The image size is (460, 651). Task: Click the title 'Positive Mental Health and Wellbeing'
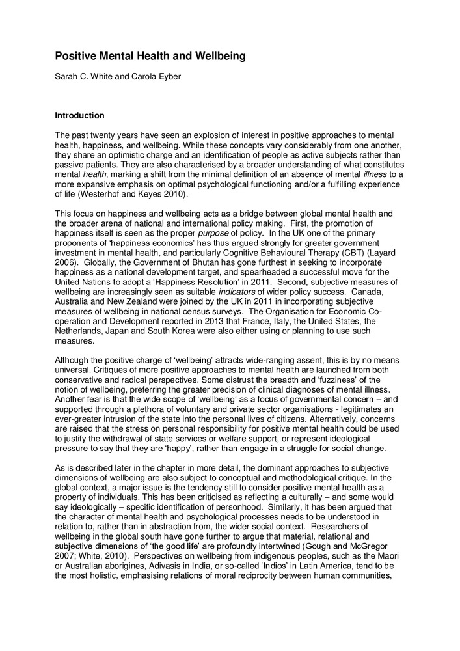(150, 57)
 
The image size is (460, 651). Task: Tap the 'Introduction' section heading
(79, 116)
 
